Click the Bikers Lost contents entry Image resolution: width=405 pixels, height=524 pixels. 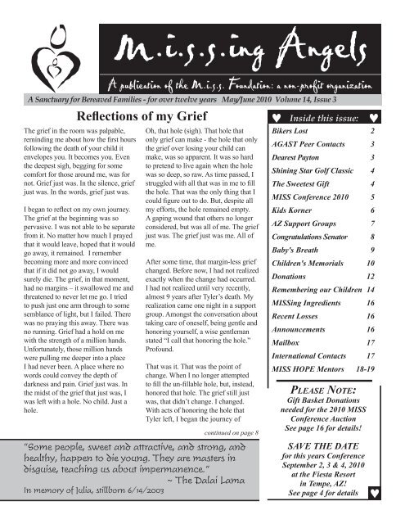pos(293,130)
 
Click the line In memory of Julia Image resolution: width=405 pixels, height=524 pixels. pos(78,491)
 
